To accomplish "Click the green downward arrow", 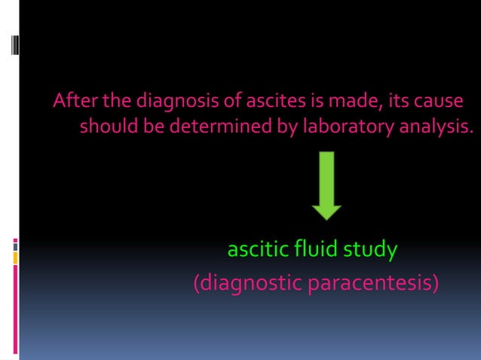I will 326,185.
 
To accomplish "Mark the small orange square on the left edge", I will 16,258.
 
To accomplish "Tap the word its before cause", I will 395,102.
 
